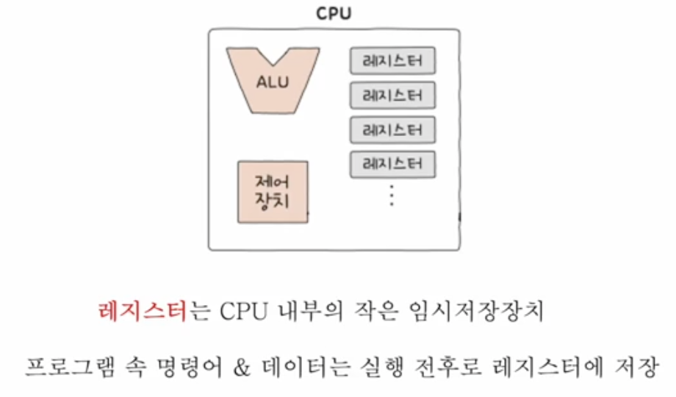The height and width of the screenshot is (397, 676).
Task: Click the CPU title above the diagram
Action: pyautogui.click(x=334, y=14)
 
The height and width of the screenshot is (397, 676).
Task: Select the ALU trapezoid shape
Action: pyautogui.click(x=273, y=80)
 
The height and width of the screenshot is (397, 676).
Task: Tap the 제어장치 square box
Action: pyautogui.click(x=273, y=191)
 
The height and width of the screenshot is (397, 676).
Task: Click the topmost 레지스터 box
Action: pyautogui.click(x=393, y=61)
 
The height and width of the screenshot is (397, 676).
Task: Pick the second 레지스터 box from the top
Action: pyautogui.click(x=393, y=96)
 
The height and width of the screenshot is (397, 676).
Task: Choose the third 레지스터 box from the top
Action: pyautogui.click(x=393, y=130)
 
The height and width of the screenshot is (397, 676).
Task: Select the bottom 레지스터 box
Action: pyautogui.click(x=393, y=164)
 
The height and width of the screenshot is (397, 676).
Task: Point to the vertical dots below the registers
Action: pyautogui.click(x=392, y=196)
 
